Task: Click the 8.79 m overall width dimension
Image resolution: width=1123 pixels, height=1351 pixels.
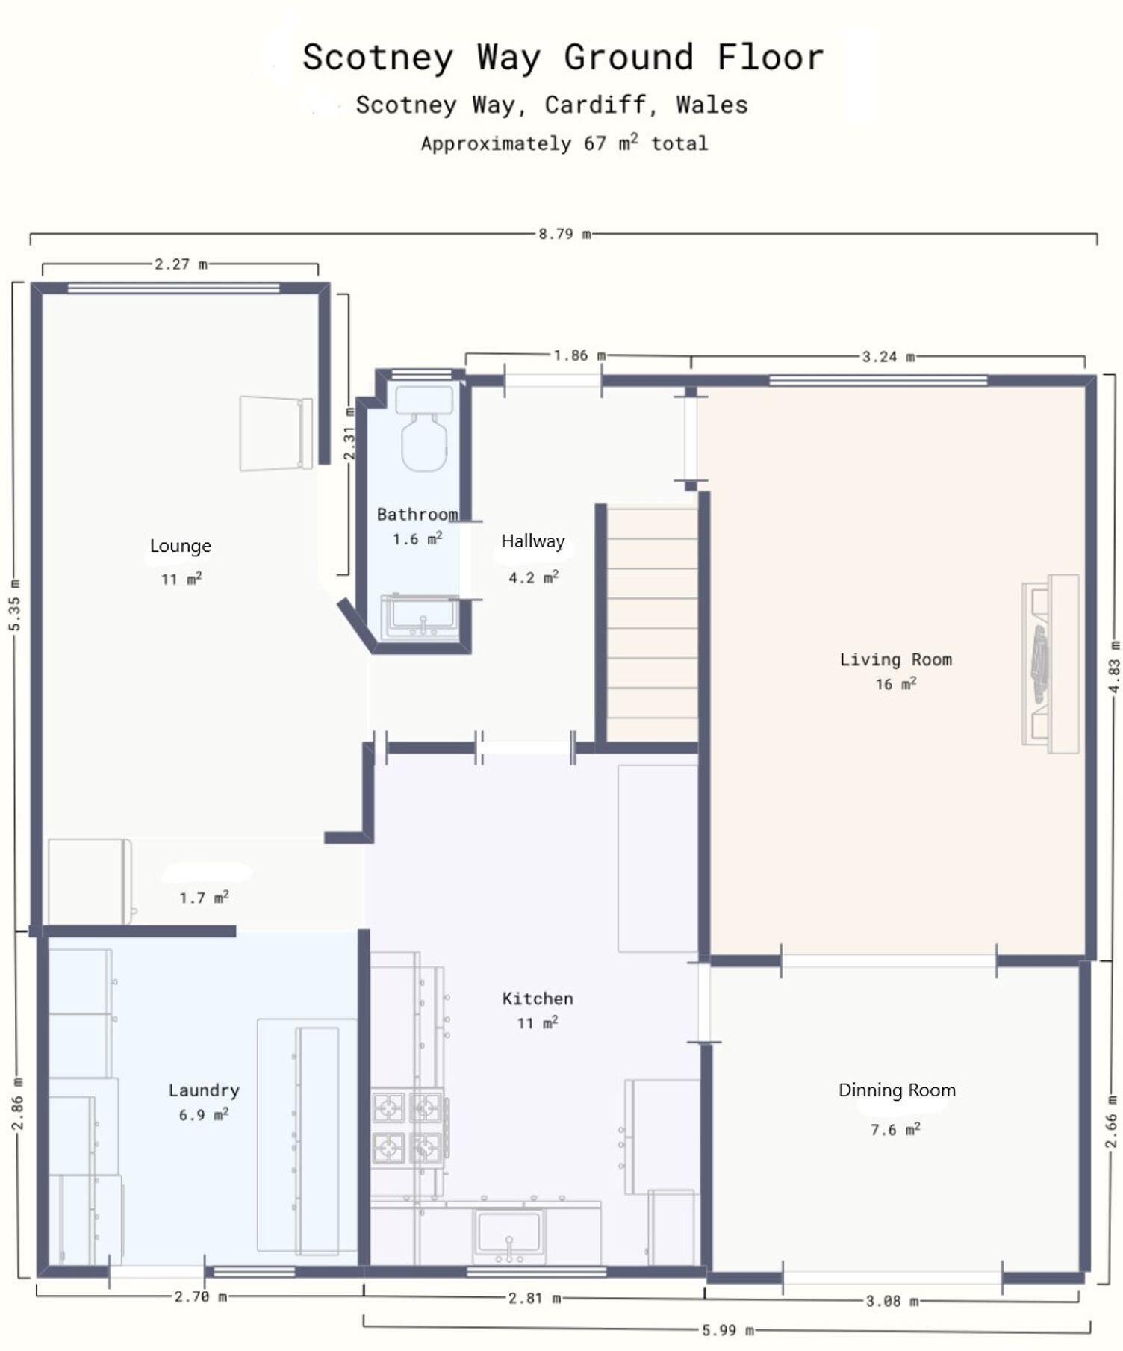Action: pyautogui.click(x=564, y=234)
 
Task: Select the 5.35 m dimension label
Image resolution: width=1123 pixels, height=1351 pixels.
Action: pyautogui.click(x=15, y=604)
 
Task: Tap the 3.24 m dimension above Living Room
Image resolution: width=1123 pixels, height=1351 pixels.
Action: pyautogui.click(x=888, y=357)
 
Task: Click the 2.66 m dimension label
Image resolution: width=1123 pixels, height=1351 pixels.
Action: pyautogui.click(x=1111, y=1120)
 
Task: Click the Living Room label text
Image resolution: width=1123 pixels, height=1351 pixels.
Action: pyautogui.click(x=895, y=659)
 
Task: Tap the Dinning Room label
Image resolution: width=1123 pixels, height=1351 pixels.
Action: pyautogui.click(x=897, y=1090)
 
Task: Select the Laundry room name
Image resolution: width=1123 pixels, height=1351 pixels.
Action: pyautogui.click(x=204, y=1090)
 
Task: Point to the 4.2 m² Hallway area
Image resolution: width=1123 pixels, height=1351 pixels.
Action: pyautogui.click(x=533, y=577)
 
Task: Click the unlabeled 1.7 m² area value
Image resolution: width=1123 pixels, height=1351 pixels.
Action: pyautogui.click(x=204, y=897)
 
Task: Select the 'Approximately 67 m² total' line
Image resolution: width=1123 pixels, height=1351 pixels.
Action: pyautogui.click(x=564, y=143)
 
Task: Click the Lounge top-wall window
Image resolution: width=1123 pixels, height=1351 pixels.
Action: pyautogui.click(x=173, y=288)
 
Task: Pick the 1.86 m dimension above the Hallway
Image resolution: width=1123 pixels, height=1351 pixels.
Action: pyautogui.click(x=579, y=355)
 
